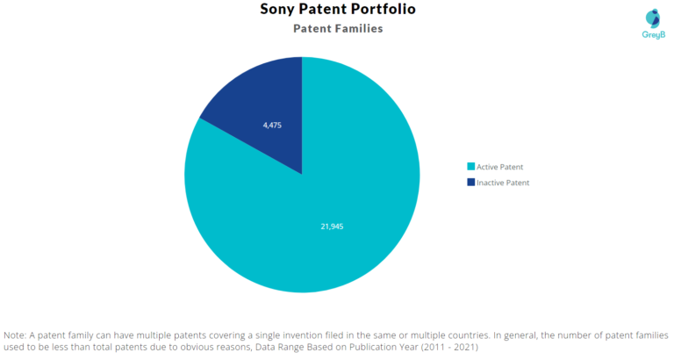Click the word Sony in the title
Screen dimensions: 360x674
pos(280,10)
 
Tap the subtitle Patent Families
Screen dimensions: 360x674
pos(337,28)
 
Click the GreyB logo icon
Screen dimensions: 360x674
pos(652,18)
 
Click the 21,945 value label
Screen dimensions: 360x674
pos(331,226)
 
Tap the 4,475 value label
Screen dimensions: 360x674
pos(272,125)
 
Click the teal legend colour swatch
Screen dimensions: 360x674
pos(470,167)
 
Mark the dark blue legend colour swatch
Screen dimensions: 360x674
pos(470,183)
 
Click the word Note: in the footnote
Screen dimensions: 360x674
pos(15,335)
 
